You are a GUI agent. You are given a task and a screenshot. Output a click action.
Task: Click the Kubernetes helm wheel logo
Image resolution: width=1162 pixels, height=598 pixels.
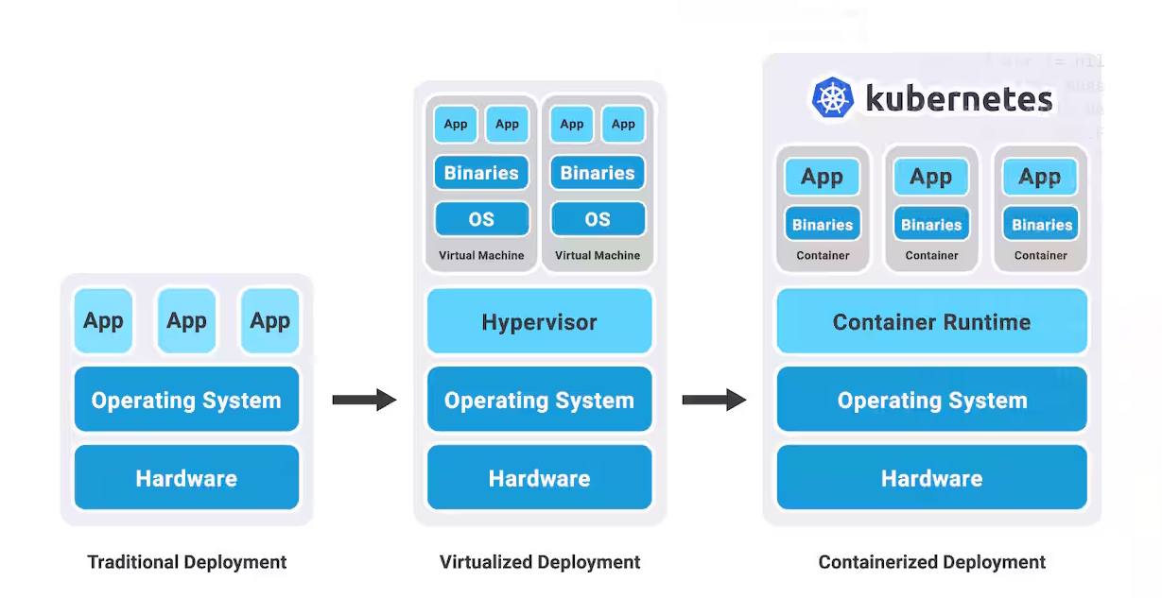[833, 98]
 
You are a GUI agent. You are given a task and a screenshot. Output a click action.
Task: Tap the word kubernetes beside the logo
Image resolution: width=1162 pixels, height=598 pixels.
[959, 98]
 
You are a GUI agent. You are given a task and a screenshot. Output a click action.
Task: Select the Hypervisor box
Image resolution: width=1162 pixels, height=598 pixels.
[539, 321]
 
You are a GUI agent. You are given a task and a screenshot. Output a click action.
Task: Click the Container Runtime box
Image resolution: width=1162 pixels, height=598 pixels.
[931, 321]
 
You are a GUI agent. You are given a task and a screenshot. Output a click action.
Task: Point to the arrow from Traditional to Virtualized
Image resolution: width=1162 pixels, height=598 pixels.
[364, 400]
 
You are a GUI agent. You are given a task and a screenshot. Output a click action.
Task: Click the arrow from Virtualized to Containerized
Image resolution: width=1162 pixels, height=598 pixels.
[714, 400]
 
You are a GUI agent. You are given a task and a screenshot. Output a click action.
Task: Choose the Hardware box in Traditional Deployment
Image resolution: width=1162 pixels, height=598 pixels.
[186, 478]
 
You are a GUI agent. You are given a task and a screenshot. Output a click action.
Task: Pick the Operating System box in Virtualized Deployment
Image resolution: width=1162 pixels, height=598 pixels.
[539, 400]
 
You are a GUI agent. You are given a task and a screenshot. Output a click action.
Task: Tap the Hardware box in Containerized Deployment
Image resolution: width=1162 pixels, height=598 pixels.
[931, 478]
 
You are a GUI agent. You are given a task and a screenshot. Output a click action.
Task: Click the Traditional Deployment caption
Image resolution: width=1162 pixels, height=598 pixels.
[186, 562]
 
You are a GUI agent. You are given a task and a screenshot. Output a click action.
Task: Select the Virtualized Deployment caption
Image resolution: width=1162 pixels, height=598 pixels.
[540, 562]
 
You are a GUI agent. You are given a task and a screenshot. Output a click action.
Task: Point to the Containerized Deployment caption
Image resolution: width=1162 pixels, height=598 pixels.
[931, 562]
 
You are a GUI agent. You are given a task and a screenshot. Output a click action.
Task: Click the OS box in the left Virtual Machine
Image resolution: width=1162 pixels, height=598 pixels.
[481, 219]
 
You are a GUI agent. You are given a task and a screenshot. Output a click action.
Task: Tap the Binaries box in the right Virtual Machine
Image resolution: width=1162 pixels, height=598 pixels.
[598, 173]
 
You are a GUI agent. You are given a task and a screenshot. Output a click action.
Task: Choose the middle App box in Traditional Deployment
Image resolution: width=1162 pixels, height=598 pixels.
[186, 321]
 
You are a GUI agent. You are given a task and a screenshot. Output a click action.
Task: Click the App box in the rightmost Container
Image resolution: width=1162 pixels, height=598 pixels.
[1040, 177]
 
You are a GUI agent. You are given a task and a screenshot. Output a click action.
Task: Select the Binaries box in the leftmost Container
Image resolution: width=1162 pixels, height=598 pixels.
[823, 225]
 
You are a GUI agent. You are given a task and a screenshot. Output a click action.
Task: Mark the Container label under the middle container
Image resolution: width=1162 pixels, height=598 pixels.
[931, 255]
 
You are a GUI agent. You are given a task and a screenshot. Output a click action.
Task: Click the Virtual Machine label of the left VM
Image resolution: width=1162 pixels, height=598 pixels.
[481, 255]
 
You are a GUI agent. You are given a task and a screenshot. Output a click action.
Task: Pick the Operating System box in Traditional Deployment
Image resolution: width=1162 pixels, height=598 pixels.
[186, 400]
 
